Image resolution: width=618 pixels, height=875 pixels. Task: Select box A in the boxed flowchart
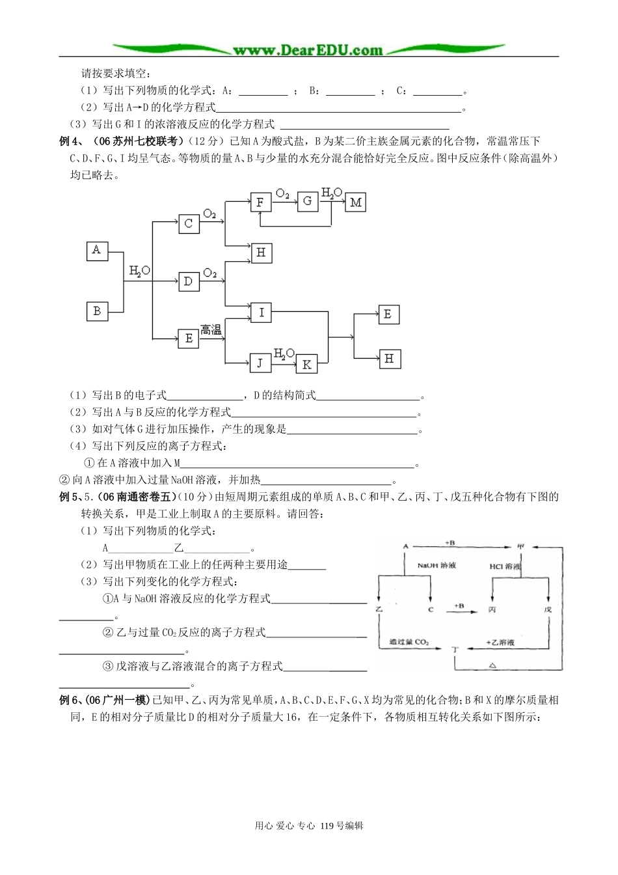click(97, 251)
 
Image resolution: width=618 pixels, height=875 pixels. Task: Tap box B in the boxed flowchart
click(97, 311)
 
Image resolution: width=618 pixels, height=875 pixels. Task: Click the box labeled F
click(260, 202)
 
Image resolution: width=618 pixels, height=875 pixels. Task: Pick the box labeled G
click(307, 201)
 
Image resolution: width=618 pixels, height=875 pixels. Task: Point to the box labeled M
click(355, 202)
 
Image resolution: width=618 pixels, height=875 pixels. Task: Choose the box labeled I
click(261, 312)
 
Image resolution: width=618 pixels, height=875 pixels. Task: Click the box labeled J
click(260, 363)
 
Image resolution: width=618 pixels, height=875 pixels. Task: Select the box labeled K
click(307, 364)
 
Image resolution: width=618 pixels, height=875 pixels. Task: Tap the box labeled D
click(188, 281)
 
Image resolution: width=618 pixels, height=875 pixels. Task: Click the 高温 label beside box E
click(211, 329)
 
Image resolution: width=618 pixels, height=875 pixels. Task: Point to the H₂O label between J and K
click(284, 354)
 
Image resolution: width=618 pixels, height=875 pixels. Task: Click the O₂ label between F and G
click(282, 193)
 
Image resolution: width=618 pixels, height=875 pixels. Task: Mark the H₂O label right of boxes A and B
click(139, 270)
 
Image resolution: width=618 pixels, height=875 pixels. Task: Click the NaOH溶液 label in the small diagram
click(437, 566)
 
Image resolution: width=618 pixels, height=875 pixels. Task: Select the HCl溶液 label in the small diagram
click(505, 566)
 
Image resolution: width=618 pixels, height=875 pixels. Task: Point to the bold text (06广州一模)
click(117, 701)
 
